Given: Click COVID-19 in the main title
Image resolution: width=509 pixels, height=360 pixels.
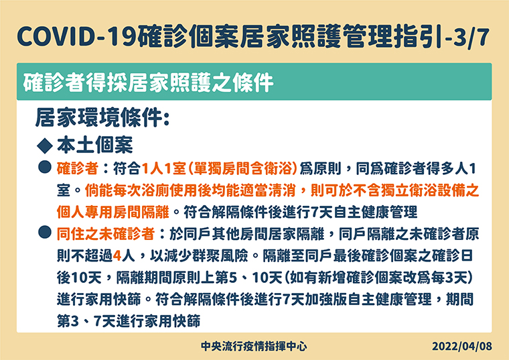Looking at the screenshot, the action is tap(76, 36).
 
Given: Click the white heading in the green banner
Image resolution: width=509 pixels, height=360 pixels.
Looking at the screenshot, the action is tap(148, 82).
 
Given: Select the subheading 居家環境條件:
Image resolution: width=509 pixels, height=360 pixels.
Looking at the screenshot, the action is tap(102, 117).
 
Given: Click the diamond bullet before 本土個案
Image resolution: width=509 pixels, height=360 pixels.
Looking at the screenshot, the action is tap(45, 145).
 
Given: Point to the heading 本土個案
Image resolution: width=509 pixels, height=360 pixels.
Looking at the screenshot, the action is tap(95, 145).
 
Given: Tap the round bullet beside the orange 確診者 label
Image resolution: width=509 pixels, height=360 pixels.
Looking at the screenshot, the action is tap(45, 167).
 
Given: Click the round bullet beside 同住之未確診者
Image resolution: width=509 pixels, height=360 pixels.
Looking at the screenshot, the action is tap(45, 232).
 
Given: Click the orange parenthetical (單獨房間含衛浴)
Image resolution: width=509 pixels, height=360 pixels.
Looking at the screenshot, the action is tap(242, 169).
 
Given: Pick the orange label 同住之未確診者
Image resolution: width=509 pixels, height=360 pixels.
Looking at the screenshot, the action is tap(106, 234).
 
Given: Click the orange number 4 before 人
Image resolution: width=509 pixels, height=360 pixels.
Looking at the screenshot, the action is tap(117, 256).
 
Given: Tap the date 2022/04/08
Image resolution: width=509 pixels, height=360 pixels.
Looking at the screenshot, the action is tap(461, 347).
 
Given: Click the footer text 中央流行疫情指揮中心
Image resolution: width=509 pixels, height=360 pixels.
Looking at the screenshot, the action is tap(254, 347).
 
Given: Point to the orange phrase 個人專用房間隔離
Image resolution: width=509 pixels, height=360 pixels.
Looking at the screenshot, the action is tap(113, 212).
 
